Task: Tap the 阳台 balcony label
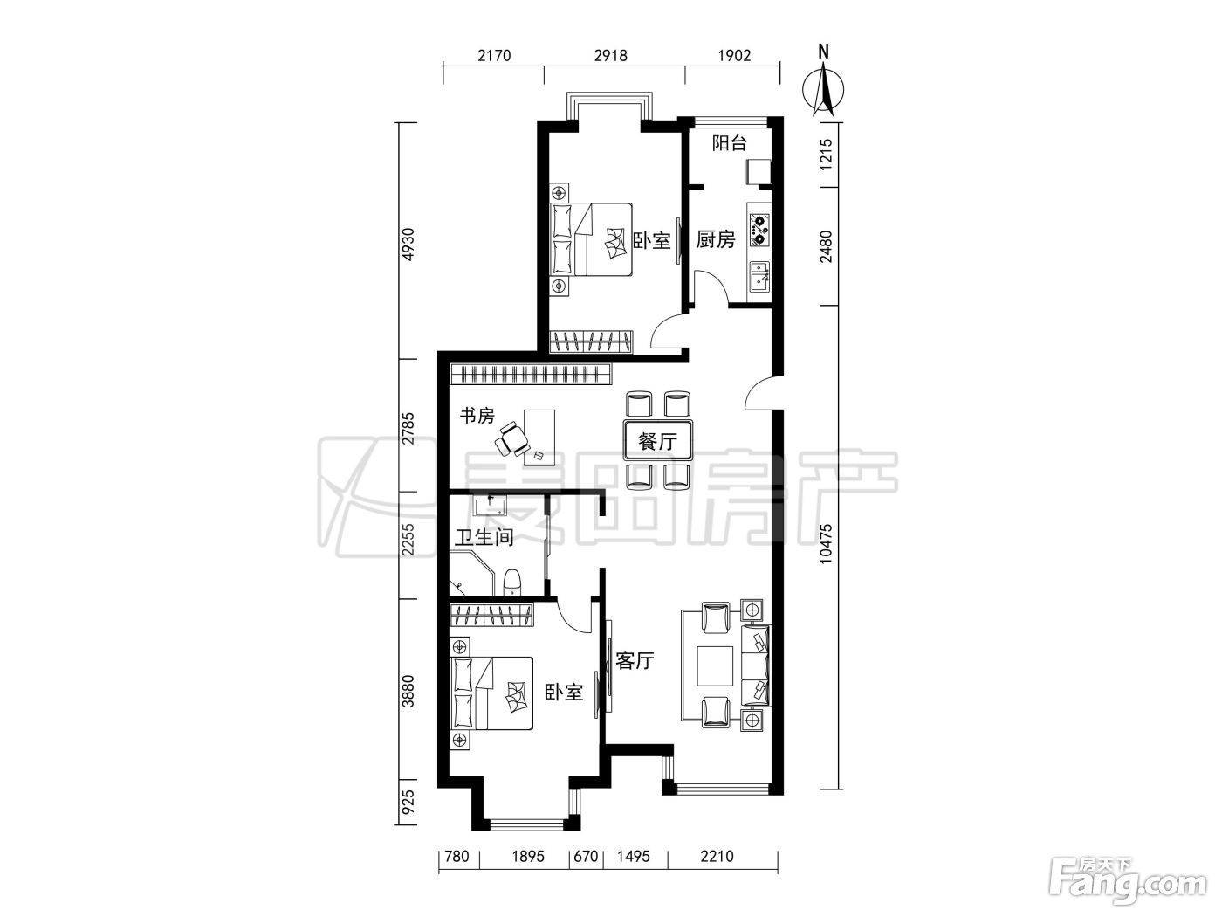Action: pyautogui.click(x=729, y=143)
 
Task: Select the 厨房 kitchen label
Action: pyautogui.click(x=716, y=239)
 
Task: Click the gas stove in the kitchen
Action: pyautogui.click(x=759, y=224)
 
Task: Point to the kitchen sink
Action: pyautogui.click(x=759, y=276)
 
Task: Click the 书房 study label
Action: pyautogui.click(x=477, y=416)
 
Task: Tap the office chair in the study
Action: pyautogui.click(x=512, y=439)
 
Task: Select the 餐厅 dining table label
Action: pyautogui.click(x=657, y=442)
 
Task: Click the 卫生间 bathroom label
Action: pyautogui.click(x=484, y=537)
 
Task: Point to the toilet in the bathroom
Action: pyautogui.click(x=512, y=583)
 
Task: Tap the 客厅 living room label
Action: pyautogui.click(x=635, y=661)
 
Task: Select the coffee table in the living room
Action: pyautogui.click(x=715, y=665)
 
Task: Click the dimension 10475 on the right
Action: pyautogui.click(x=826, y=543)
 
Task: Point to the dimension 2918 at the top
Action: pyautogui.click(x=611, y=55)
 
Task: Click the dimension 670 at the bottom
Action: pyautogui.click(x=586, y=856)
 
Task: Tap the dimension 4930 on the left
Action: pyautogui.click(x=408, y=244)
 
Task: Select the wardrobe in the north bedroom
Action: pyautogui.click(x=591, y=341)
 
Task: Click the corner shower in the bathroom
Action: pyautogui.click(x=471, y=574)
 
